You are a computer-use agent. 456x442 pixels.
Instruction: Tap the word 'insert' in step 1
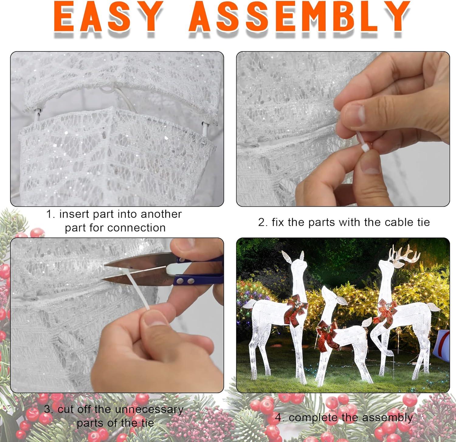pos(74,214)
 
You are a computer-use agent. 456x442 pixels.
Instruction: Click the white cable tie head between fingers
pos(364,147)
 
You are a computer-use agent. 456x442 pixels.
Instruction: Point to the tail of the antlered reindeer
pos(434,308)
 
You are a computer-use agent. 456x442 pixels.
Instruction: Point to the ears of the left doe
pos(294,257)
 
